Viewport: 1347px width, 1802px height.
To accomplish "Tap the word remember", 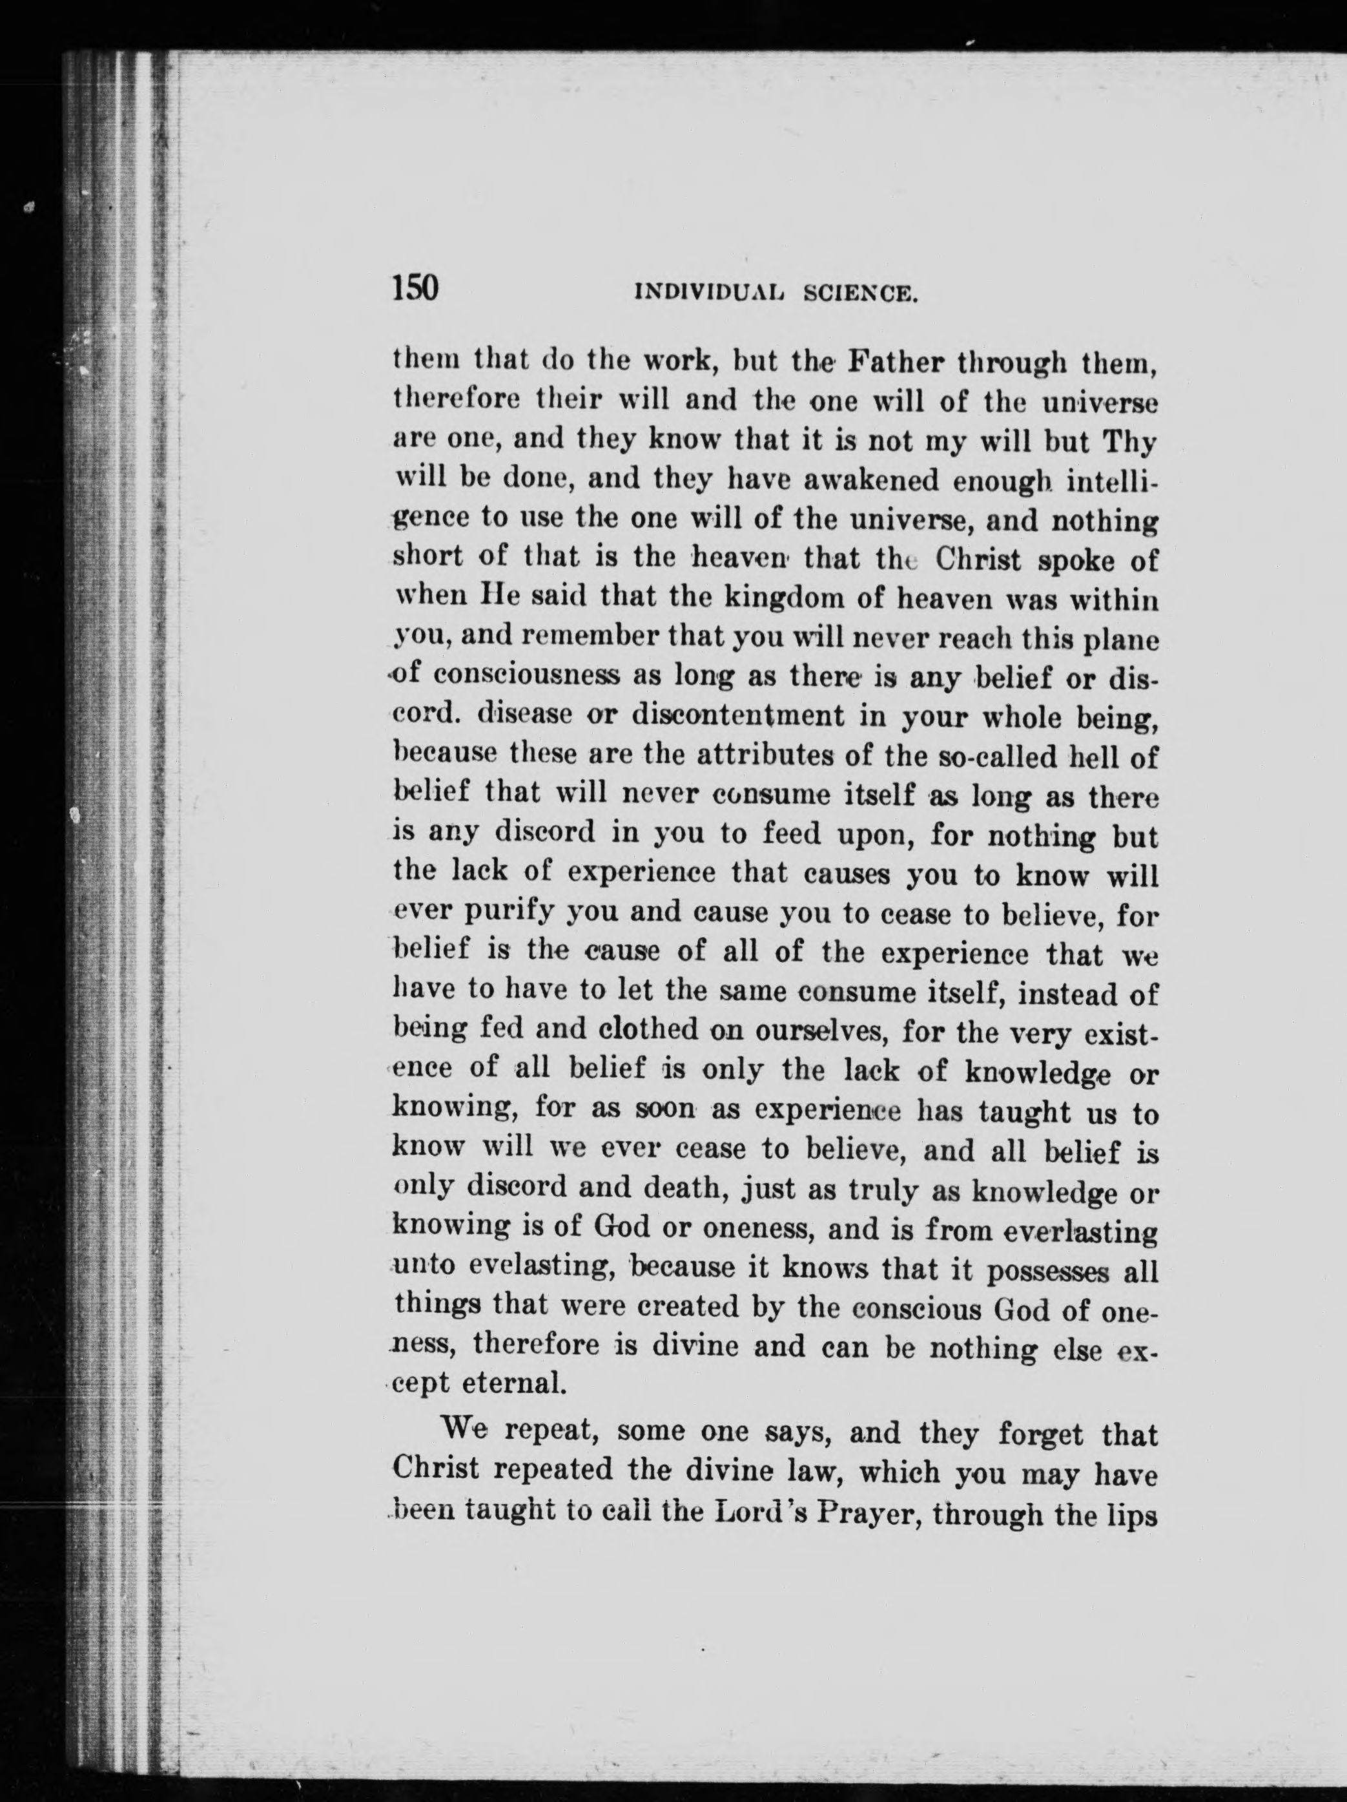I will point(576,640).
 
